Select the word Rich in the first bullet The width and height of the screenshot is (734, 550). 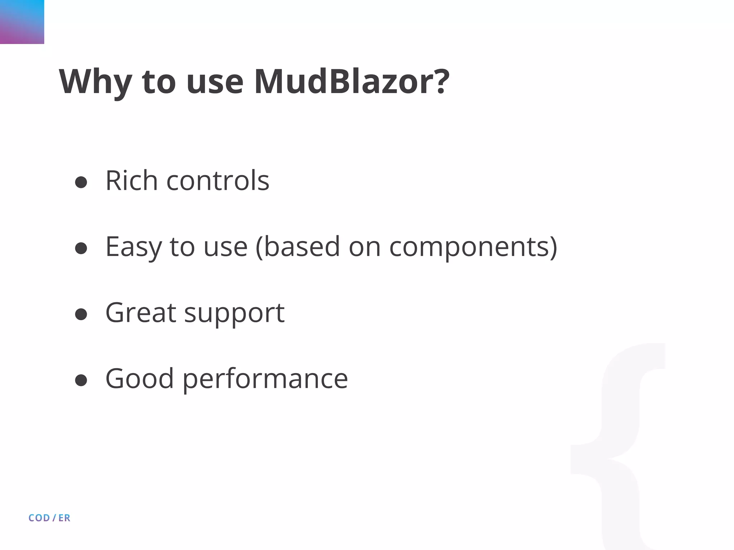(131, 180)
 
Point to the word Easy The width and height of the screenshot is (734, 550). (133, 247)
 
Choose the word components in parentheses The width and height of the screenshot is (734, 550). (469, 247)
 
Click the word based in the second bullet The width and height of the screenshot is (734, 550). (301, 247)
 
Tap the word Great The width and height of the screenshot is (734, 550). (140, 313)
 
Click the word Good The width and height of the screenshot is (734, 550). (139, 378)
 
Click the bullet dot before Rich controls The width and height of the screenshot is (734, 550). (81, 182)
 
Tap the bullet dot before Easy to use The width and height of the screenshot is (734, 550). (81, 248)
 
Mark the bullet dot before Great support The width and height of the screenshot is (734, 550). (81, 314)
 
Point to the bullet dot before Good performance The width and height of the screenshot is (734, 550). (81, 380)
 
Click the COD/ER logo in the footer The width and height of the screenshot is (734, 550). (49, 518)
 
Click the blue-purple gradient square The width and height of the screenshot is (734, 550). (22, 22)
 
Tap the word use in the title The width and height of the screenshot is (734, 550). (215, 82)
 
